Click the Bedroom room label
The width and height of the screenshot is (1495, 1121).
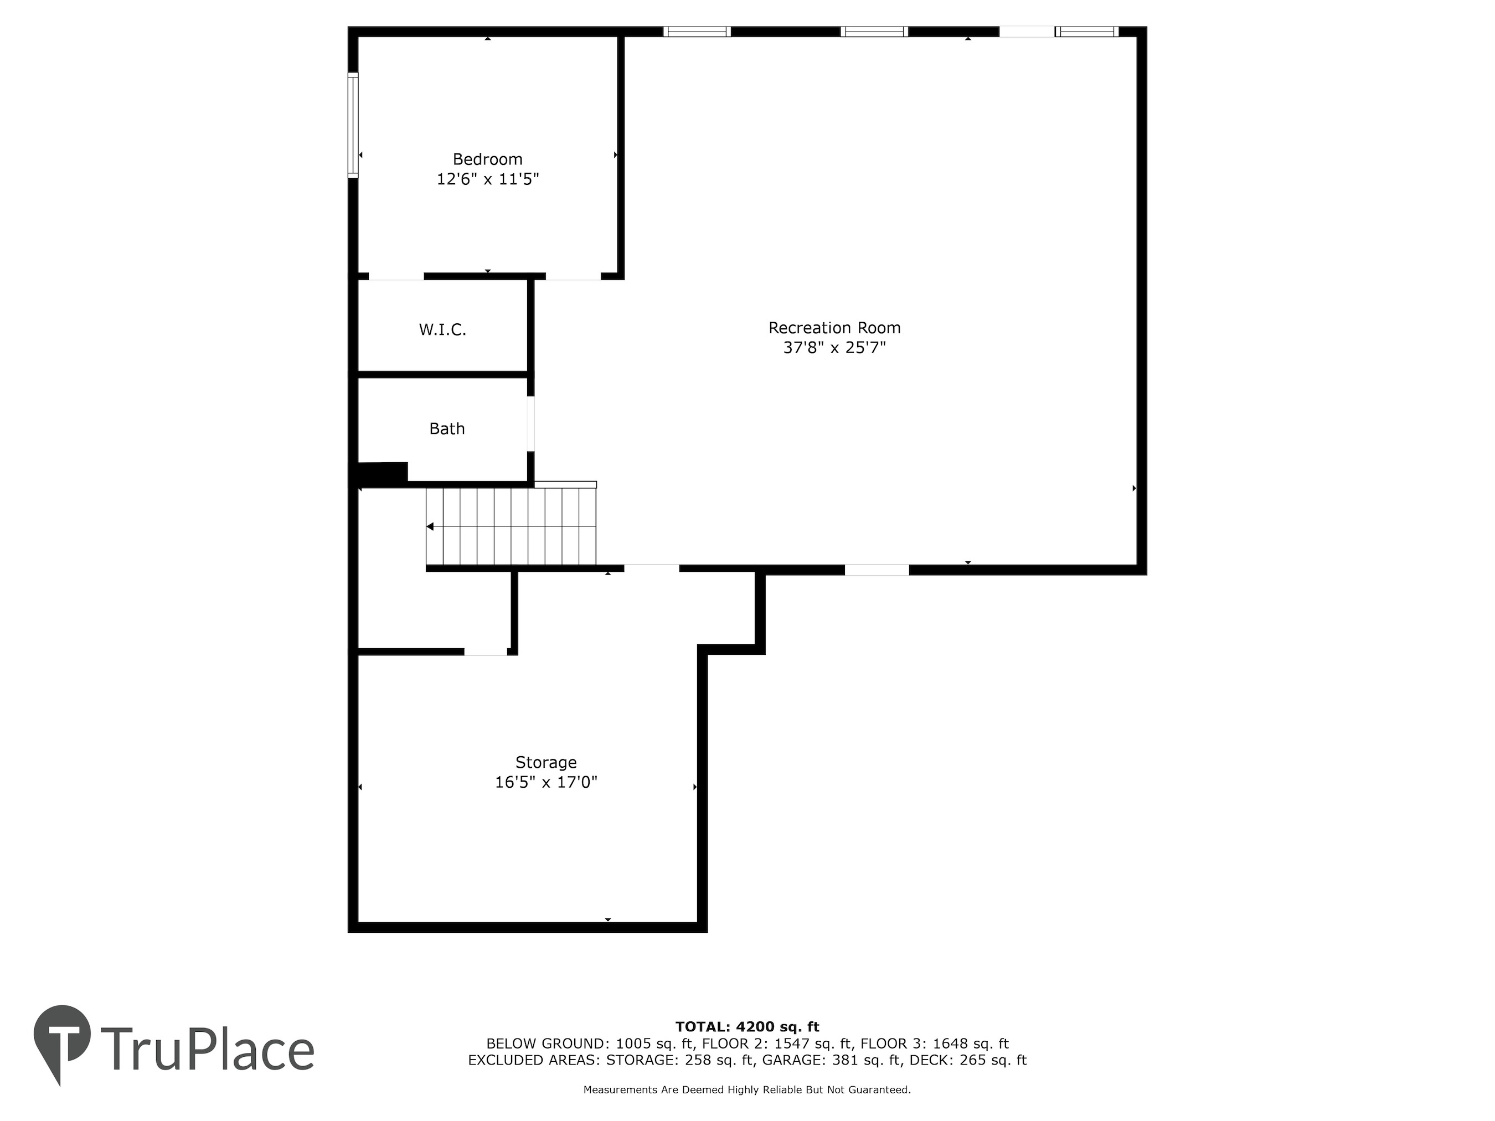pos(487,159)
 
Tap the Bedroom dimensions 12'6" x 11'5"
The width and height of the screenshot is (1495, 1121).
pos(487,179)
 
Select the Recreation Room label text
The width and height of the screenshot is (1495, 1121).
pos(834,328)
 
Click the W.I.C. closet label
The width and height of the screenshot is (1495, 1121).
pos(443,330)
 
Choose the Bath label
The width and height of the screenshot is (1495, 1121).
pos(447,428)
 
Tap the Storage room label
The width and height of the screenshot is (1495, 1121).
pos(545,762)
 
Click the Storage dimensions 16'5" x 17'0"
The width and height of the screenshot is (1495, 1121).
pos(545,782)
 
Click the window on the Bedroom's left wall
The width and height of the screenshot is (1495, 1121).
pos(353,125)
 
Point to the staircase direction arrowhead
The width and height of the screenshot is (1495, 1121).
pos(430,526)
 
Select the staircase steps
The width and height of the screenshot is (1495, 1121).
pos(511,526)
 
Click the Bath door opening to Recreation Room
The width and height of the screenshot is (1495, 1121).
pos(530,423)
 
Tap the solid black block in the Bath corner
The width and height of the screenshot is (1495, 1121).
pos(383,472)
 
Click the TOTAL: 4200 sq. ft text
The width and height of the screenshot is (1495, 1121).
pos(747,1027)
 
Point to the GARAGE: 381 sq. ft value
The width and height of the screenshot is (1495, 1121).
pos(832,1060)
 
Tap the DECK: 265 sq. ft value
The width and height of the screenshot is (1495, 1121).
pos(968,1060)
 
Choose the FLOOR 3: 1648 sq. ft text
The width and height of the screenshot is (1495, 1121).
pos(935,1044)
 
